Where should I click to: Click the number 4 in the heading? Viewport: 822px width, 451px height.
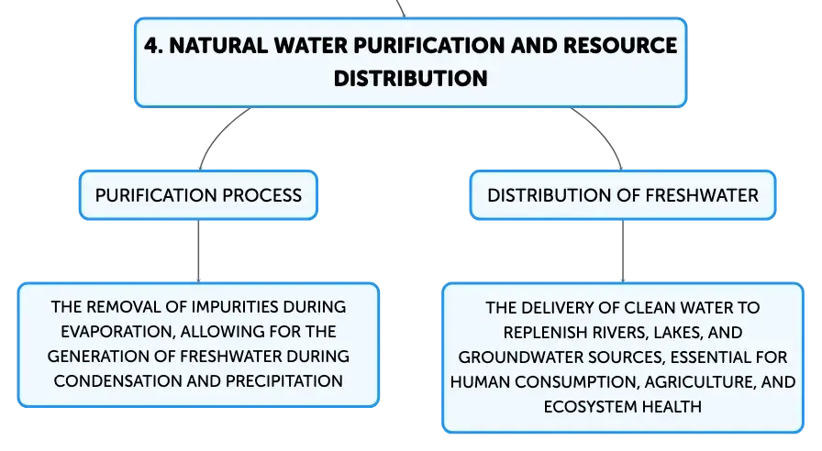151,46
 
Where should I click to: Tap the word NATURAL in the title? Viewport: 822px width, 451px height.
218,46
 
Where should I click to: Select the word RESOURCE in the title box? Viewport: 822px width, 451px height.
620,46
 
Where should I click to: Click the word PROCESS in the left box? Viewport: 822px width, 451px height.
261,195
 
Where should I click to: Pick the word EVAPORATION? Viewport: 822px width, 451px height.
117,331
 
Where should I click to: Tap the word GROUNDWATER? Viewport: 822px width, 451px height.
520,357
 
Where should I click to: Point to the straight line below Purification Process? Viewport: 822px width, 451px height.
199,251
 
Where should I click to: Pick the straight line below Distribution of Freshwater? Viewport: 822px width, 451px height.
623,251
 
